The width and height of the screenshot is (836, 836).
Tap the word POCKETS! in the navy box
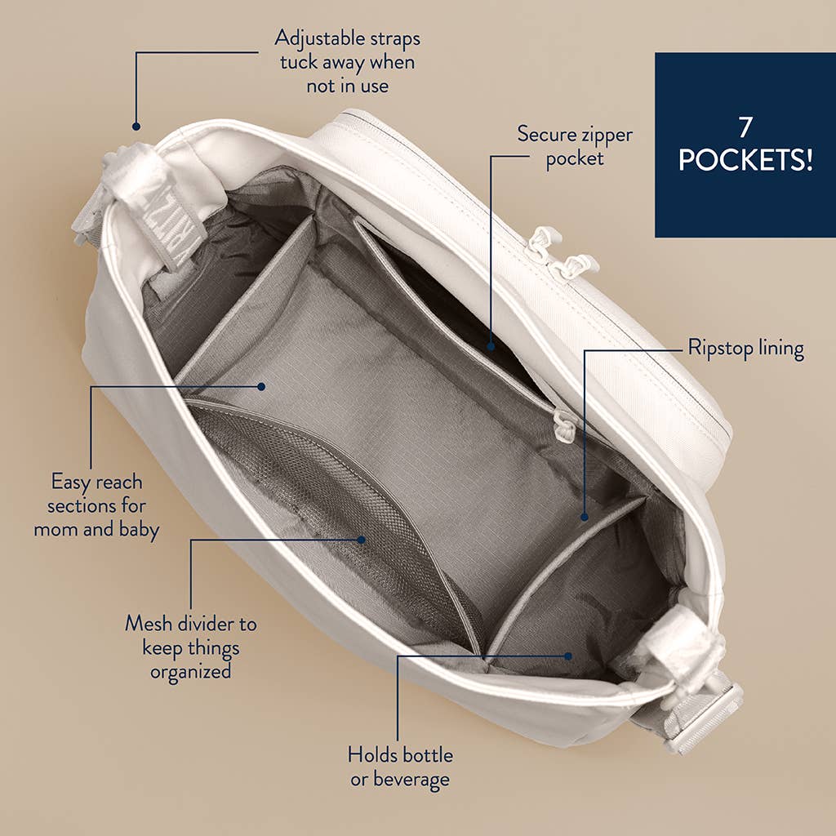[745, 159]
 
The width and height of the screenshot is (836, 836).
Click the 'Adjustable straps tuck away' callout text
[348, 61]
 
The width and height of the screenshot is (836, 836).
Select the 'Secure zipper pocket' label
[575, 145]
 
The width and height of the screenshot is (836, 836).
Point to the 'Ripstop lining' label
[745, 349]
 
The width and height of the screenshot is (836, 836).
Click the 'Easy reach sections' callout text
[96, 505]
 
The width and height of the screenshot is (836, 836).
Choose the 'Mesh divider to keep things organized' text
[190, 647]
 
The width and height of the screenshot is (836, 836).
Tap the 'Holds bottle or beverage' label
[400, 766]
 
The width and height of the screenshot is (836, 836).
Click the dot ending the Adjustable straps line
[136, 127]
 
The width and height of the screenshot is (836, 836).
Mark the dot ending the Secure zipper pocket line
[491, 346]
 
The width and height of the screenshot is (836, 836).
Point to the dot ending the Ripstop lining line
[585, 517]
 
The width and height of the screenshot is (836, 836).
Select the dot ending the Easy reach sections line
[261, 386]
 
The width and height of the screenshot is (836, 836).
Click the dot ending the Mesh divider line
[362, 539]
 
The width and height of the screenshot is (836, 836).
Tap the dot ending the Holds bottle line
[570, 655]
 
